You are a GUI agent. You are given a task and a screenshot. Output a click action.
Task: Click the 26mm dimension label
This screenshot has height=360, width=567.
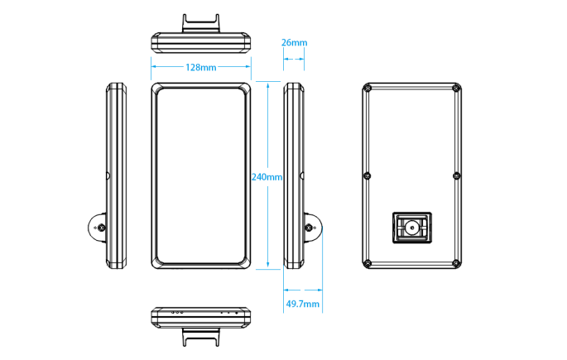294,42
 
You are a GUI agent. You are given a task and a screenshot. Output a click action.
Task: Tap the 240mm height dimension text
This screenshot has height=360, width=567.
267,176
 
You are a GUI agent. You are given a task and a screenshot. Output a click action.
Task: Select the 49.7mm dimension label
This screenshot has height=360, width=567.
302,304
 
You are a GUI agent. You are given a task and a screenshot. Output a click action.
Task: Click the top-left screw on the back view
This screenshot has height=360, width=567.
368,88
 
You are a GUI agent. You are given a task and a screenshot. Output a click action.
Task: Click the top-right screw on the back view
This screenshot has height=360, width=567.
455,88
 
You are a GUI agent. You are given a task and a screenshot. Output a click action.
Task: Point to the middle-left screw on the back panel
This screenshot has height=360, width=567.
368,175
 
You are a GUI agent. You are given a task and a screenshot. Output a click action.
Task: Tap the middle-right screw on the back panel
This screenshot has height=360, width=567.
456,175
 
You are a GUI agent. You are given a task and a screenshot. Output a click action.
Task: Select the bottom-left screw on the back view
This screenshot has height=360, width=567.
368,263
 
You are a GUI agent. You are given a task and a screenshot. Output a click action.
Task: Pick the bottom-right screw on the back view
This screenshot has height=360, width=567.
455,263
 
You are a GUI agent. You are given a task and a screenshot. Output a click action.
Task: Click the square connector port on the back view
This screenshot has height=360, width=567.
411,226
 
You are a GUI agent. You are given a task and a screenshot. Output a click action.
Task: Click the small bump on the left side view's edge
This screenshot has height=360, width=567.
108,175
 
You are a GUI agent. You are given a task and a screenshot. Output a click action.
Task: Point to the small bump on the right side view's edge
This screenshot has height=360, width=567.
303,175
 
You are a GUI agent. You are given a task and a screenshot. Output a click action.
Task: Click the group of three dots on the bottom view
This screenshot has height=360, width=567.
175,313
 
